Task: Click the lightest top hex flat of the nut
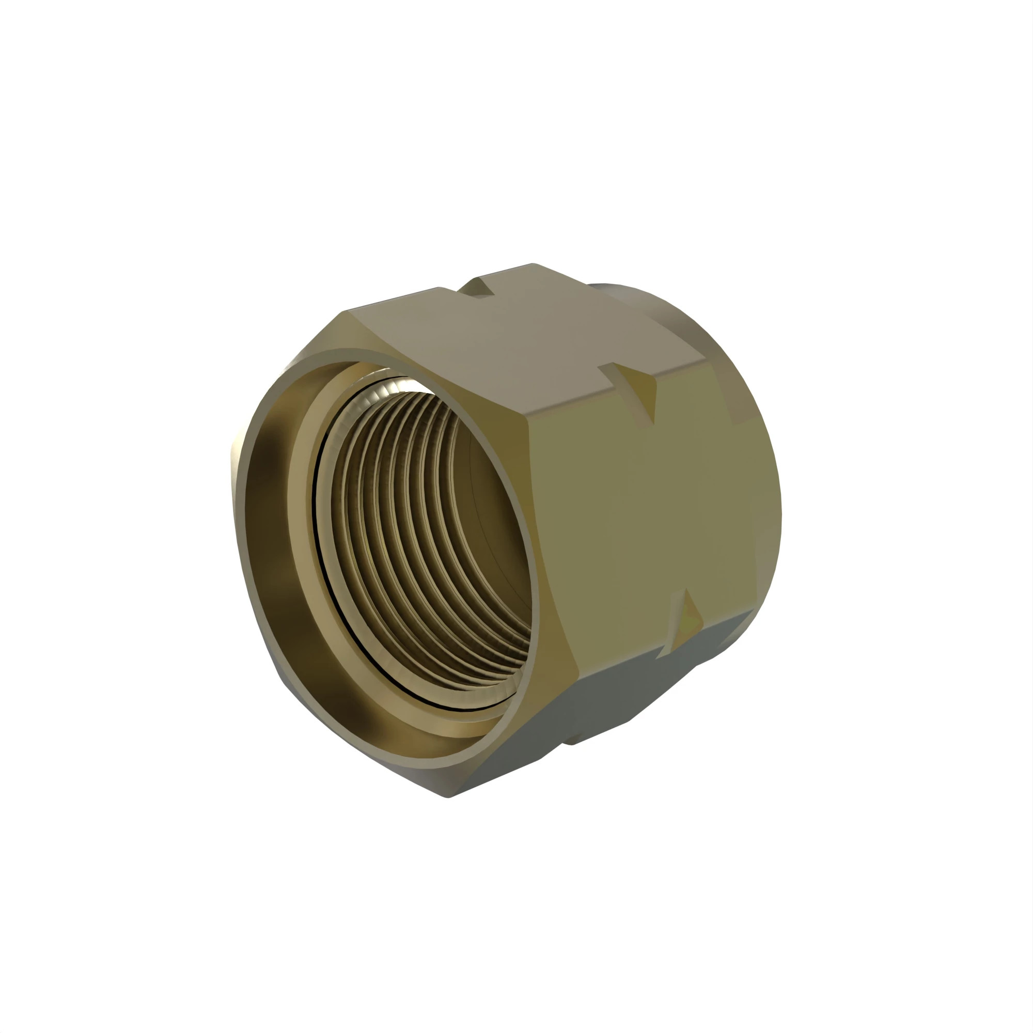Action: [x=513, y=342]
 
